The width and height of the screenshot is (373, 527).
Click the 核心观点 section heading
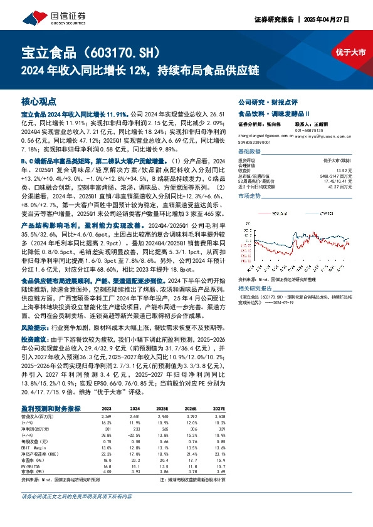coord(39,101)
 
